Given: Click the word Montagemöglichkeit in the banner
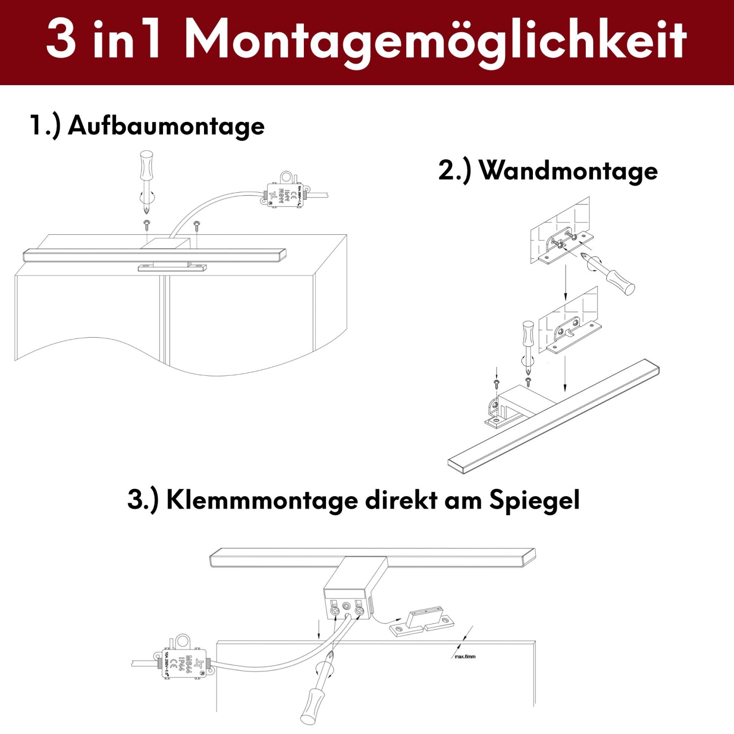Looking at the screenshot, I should [436, 40].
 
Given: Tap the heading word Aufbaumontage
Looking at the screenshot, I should [166, 126].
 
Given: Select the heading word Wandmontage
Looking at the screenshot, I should [568, 171].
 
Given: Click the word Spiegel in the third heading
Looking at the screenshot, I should [534, 500].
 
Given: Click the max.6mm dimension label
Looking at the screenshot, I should [465, 656].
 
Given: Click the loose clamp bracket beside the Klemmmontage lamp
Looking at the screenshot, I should [422, 622].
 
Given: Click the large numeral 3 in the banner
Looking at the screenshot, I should [62, 39].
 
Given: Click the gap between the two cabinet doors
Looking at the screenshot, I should [163, 318].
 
